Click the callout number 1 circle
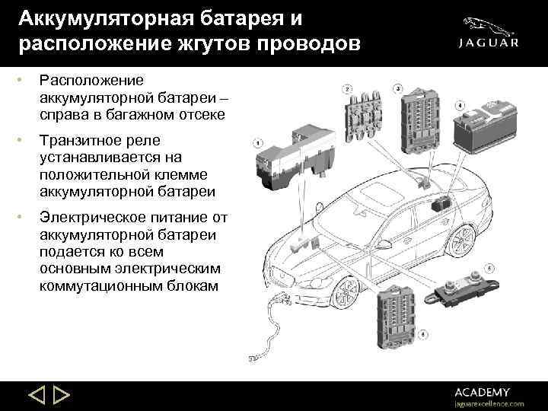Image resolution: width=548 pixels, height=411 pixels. tap(258, 143)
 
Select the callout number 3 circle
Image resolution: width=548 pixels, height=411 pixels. tap(398, 90)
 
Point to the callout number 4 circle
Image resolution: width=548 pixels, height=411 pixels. tap(460, 104)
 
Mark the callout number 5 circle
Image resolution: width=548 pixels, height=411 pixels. tap(489, 267)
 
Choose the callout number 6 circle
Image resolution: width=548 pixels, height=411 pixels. tap(422, 333)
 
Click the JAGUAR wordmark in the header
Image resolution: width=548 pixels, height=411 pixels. tap(489, 43)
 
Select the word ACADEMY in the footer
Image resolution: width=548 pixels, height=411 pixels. tap(483, 391)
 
